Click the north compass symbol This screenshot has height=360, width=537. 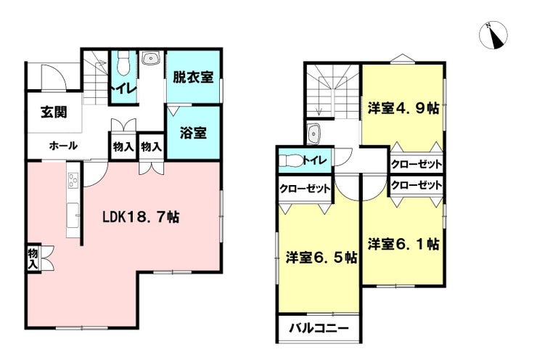click(493, 36)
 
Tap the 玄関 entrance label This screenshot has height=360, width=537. click(54, 112)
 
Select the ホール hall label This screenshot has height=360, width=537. click(63, 146)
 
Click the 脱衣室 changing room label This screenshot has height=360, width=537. click(193, 77)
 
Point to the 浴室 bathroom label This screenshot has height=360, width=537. click(193, 133)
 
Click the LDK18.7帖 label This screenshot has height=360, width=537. click(141, 217)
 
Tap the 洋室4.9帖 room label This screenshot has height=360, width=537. click(403, 108)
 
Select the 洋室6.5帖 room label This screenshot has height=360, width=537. click(321, 257)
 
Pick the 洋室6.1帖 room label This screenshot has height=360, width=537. click(403, 244)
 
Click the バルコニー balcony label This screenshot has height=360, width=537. click(319, 329)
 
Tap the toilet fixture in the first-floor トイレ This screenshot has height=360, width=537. click(123, 63)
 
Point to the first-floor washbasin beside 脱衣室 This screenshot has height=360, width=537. click(151, 58)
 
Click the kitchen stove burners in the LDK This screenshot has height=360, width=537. click(73, 180)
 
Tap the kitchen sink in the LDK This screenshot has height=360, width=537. click(73, 215)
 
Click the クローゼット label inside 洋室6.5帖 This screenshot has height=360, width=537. click(305, 189)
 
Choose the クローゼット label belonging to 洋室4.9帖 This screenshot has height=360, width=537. click(417, 165)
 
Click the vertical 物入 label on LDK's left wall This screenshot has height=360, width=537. click(33, 258)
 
